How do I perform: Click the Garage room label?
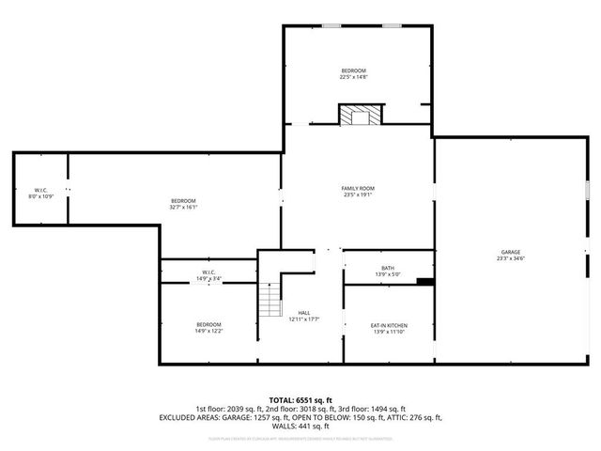click(511, 252)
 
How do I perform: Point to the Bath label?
click(388, 269)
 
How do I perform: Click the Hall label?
click(304, 313)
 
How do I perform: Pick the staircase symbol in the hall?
click(270, 301)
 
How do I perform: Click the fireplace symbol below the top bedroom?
click(357, 116)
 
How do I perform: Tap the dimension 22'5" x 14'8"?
click(354, 78)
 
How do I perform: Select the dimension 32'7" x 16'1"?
click(183, 206)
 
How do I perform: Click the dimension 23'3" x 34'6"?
click(511, 258)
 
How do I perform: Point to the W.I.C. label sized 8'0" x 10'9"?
click(41, 190)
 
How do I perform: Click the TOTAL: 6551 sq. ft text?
click(300, 399)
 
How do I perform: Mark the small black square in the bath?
click(424, 280)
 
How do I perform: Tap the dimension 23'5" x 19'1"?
click(358, 195)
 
